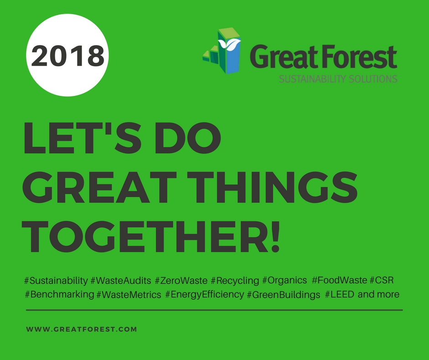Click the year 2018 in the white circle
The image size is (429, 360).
(68, 56)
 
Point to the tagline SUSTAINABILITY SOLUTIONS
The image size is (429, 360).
(338, 79)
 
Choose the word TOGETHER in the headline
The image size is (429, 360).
(142, 237)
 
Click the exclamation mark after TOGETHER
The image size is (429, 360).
(274, 237)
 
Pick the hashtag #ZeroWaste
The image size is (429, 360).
(181, 281)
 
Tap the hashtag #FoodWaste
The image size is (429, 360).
(339, 280)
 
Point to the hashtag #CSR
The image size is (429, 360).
(382, 280)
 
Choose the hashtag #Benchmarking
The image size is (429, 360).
(59, 295)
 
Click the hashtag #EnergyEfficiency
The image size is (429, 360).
(204, 295)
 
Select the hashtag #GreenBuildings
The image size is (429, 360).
(283, 295)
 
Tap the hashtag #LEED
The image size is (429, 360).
(340, 295)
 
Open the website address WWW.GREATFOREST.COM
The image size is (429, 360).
(82, 329)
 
